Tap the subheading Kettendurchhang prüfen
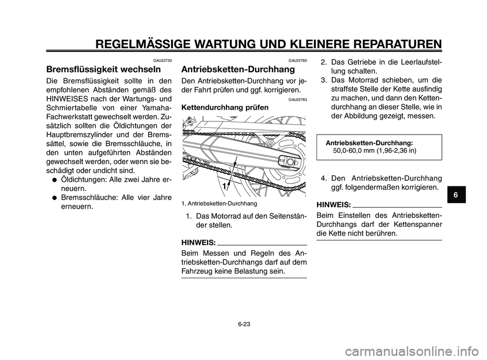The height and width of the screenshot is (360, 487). click(x=225, y=108)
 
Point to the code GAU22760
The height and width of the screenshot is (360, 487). click(x=297, y=60)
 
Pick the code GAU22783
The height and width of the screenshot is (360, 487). click(x=297, y=100)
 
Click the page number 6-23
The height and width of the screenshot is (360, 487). click(x=243, y=322)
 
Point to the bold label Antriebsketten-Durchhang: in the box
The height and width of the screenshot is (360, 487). click(x=369, y=144)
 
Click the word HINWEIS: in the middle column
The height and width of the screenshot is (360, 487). click(x=198, y=242)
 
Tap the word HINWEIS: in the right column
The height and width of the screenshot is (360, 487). click(x=333, y=204)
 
